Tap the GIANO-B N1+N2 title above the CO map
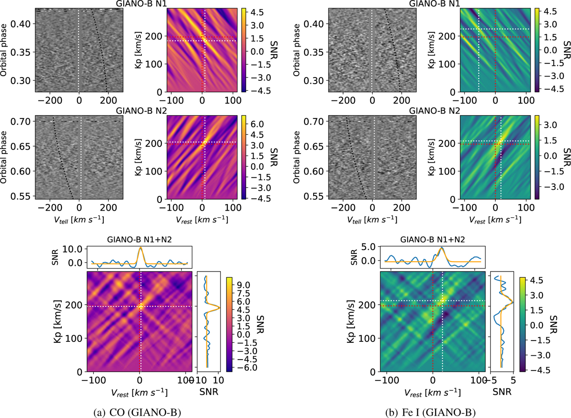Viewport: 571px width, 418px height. pos(140,239)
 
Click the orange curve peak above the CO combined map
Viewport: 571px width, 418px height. pos(140,248)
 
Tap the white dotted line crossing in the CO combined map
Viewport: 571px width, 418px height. pos(140,306)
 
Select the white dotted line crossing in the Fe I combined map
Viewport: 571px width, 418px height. pos(443,301)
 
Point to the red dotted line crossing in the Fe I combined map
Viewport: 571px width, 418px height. pos(433,306)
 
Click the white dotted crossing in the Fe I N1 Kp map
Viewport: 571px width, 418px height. pos(479,29)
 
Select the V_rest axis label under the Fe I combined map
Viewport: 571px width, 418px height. pos(433,393)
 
